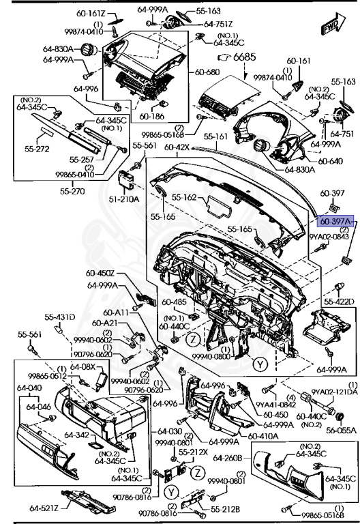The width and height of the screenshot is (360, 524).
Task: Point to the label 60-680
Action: coord(207,72)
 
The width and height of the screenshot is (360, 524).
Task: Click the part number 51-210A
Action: coord(125,199)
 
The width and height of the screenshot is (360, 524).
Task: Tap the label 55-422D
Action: coord(340,301)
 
